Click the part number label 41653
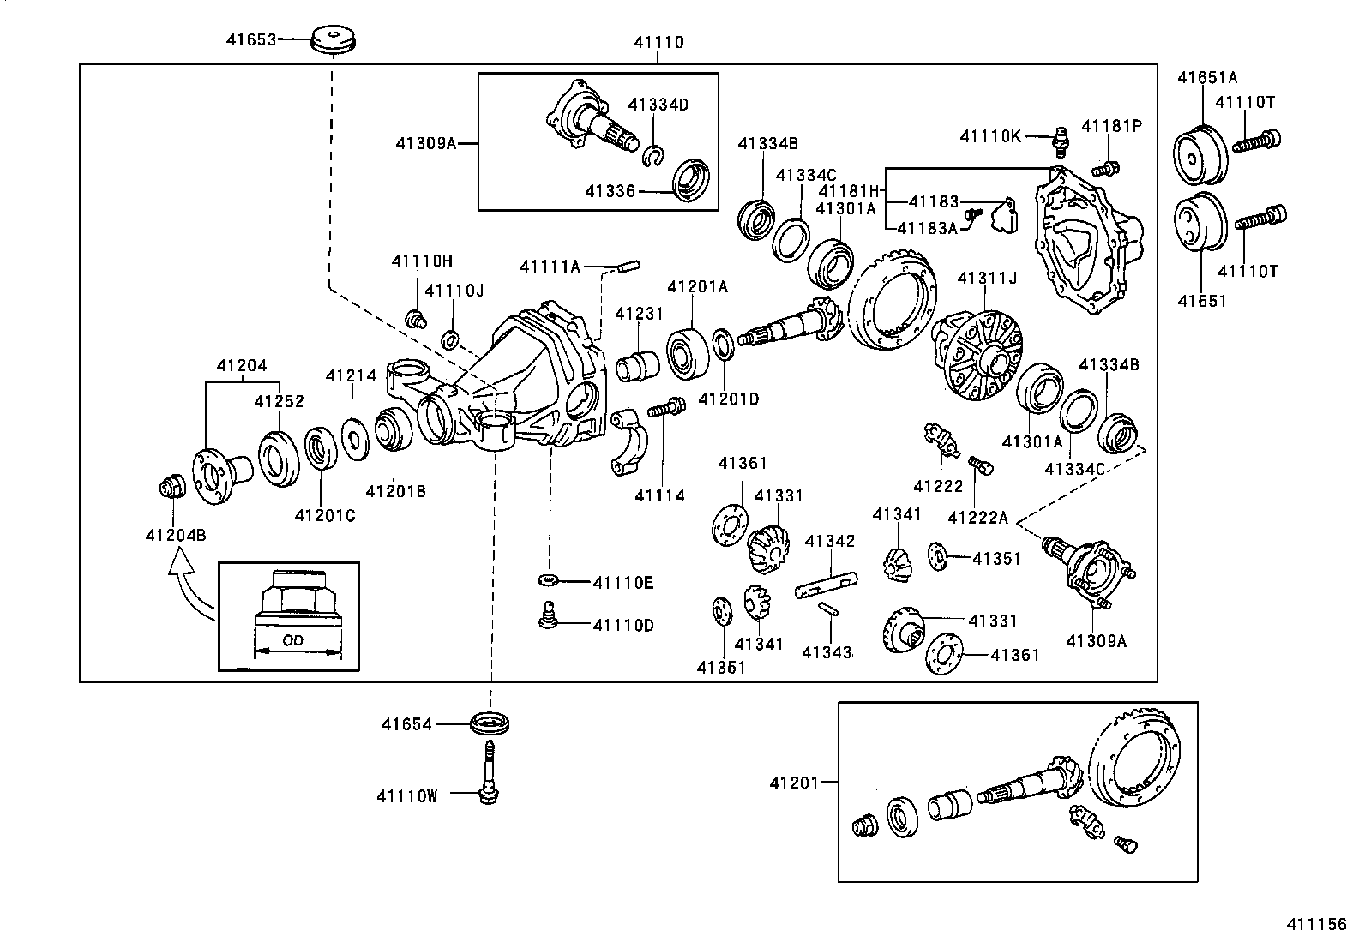[251, 39]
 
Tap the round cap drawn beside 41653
[333, 39]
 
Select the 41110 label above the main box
[658, 42]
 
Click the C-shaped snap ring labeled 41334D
[653, 154]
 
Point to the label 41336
[610, 191]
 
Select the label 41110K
[990, 135]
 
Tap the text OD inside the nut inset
[293, 640]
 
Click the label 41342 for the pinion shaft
[829, 541]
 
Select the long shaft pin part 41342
[825, 585]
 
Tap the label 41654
[407, 724]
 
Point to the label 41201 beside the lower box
[794, 782]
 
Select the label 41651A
[1207, 77]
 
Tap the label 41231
[639, 314]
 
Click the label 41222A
[977, 517]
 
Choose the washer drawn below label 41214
[352, 433]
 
